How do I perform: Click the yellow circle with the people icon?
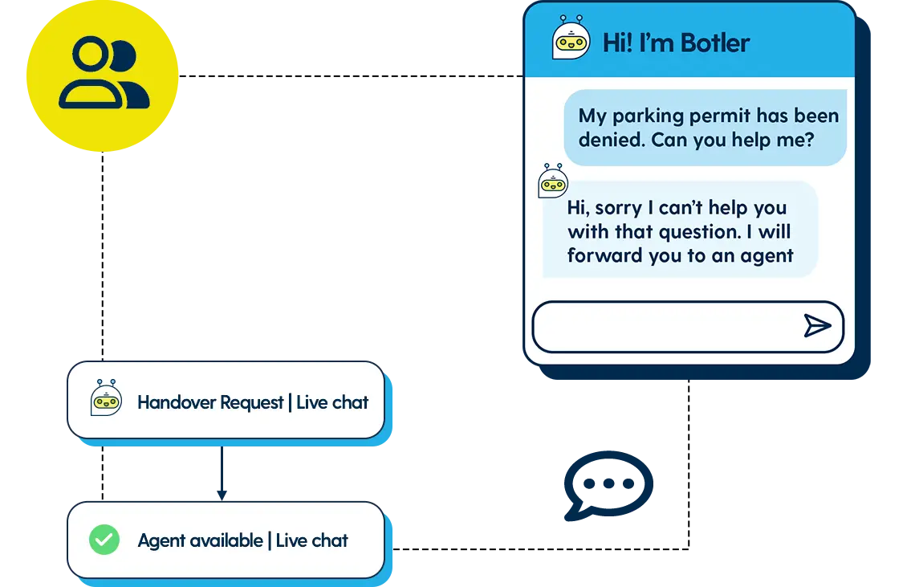click(x=102, y=76)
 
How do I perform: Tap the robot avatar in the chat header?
click(x=571, y=39)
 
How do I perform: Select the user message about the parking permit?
click(x=705, y=128)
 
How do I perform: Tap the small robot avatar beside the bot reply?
click(x=552, y=181)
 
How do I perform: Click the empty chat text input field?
click(x=666, y=326)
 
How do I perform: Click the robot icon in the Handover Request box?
click(x=106, y=398)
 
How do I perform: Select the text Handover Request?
click(x=210, y=402)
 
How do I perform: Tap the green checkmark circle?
click(x=104, y=540)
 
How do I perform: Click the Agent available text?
click(x=200, y=540)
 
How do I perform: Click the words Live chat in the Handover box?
click(x=332, y=402)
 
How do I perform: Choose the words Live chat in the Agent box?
click(x=312, y=540)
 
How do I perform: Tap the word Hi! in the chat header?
click(x=617, y=43)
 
